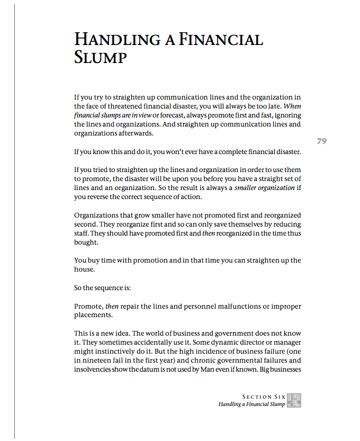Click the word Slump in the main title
point(101,57)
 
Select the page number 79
point(321,141)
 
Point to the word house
point(84,269)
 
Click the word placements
point(93,315)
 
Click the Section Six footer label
point(264,397)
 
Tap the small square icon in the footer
point(294,400)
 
